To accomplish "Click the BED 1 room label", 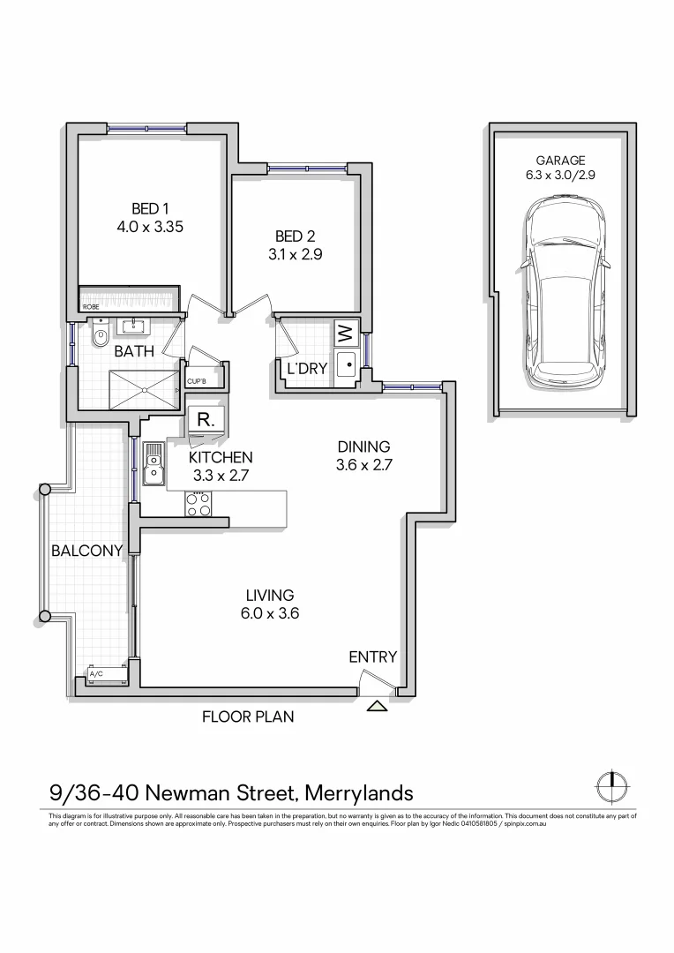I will coord(149,209).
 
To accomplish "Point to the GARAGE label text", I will coord(560,161).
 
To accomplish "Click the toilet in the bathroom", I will coord(100,334).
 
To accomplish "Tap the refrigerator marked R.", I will coord(205,421).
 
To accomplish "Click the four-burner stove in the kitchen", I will coord(198,504).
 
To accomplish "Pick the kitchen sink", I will coord(154,465).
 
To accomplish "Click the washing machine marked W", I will coord(346,335).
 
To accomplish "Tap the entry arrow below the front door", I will coord(378,706).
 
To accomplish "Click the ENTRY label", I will coord(372,657).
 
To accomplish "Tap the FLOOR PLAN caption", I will coord(248,717).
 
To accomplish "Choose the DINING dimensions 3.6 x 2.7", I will coord(363,465).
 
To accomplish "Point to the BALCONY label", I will coord(86,551).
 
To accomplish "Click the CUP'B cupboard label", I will coord(197,382).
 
